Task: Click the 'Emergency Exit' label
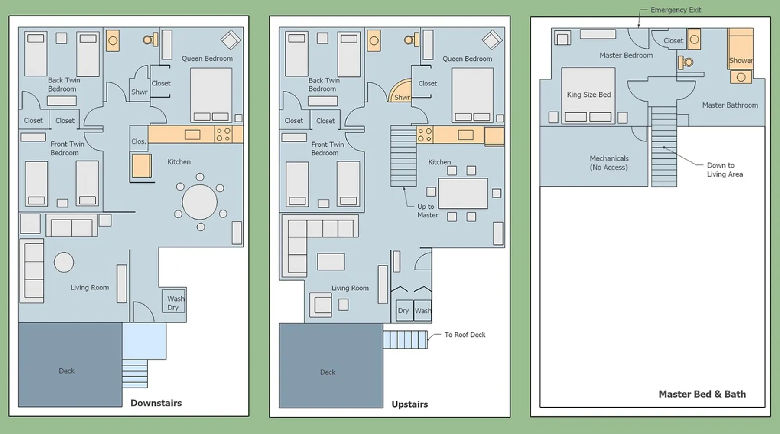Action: coord(676,10)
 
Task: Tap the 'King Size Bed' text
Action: coord(588,95)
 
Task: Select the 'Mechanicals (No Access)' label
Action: coord(609,163)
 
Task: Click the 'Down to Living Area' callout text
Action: coord(725,170)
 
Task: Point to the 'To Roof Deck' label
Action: coord(465,335)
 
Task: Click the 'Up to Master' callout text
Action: coord(428,210)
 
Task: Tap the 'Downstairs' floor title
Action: coord(156,403)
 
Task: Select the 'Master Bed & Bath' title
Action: coord(702,394)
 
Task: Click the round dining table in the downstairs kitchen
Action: coord(200,202)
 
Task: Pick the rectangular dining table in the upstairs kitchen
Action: coord(463,193)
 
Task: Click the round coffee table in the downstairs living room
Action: coord(64,262)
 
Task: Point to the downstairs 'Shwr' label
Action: coord(139,92)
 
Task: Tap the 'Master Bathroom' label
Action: coord(730,105)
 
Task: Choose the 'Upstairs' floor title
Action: coord(409,404)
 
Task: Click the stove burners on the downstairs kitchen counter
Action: coord(223,135)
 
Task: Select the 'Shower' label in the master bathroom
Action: coord(741,61)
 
